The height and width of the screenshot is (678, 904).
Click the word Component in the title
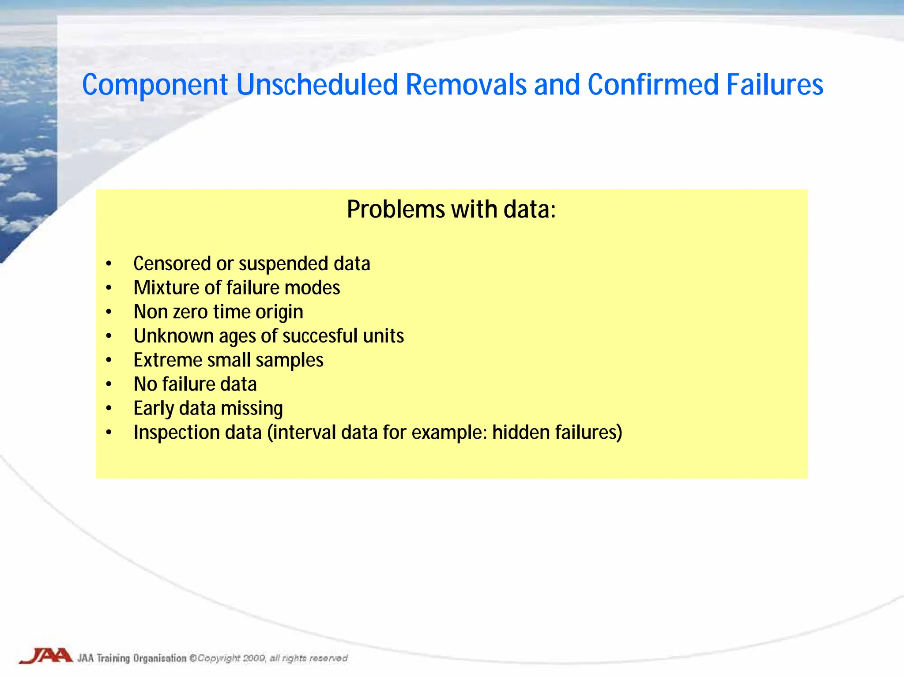[155, 85]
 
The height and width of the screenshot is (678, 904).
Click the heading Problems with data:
[451, 209]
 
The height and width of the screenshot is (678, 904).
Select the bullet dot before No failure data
[109, 384]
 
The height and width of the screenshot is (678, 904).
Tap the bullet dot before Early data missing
[109, 409]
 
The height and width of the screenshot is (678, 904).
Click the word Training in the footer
[113, 658]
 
